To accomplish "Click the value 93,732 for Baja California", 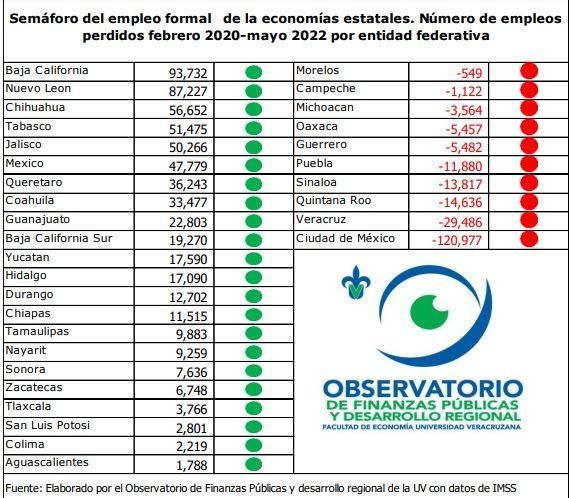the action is tap(188, 73).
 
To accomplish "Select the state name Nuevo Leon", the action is tap(38, 89).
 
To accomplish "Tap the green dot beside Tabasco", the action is tap(253, 128).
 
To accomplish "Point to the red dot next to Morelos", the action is tap(529, 71).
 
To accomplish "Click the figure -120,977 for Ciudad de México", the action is tap(457, 240).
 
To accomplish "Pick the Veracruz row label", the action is tap(321, 220).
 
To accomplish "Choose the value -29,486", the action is tap(460, 222).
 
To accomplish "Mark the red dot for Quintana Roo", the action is tap(529, 202).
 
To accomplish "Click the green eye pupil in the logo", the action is tap(429, 312).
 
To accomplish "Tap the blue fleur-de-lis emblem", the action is tap(356, 283).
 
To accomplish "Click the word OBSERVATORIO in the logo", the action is tap(423, 388).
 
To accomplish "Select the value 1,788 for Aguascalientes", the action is tap(191, 465).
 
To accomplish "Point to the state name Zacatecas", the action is tap(34, 387).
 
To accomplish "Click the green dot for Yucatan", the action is tap(253, 259).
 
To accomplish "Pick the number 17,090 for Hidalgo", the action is tap(188, 278).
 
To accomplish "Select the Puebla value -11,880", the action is tap(460, 167).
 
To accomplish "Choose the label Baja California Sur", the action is tap(59, 238).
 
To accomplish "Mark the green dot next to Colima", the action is tap(253, 445).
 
